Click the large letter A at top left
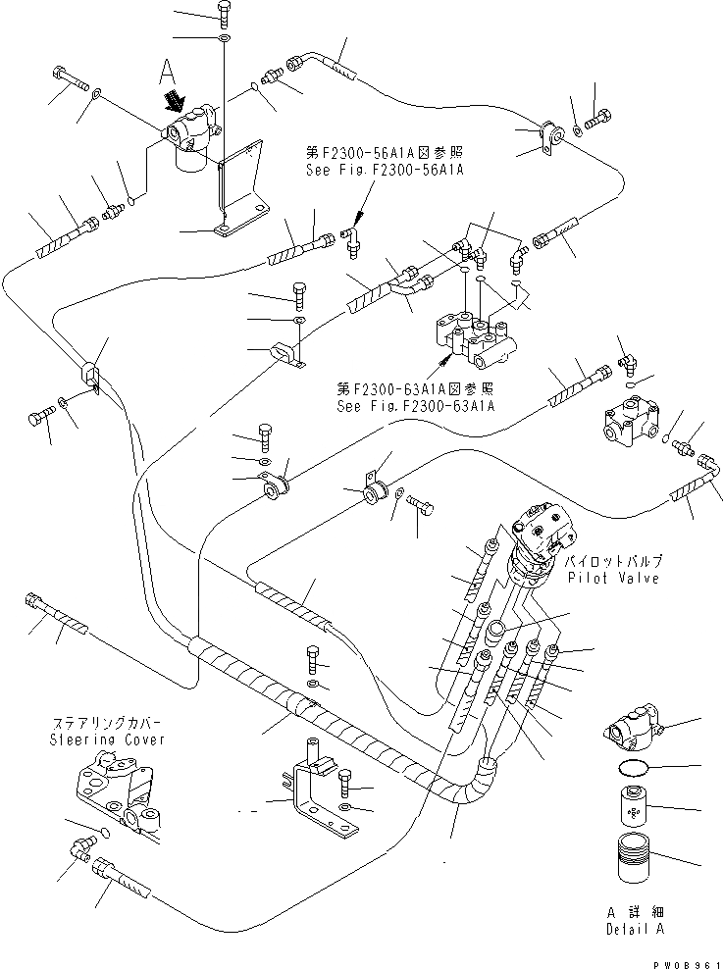pyautogui.click(x=167, y=72)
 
